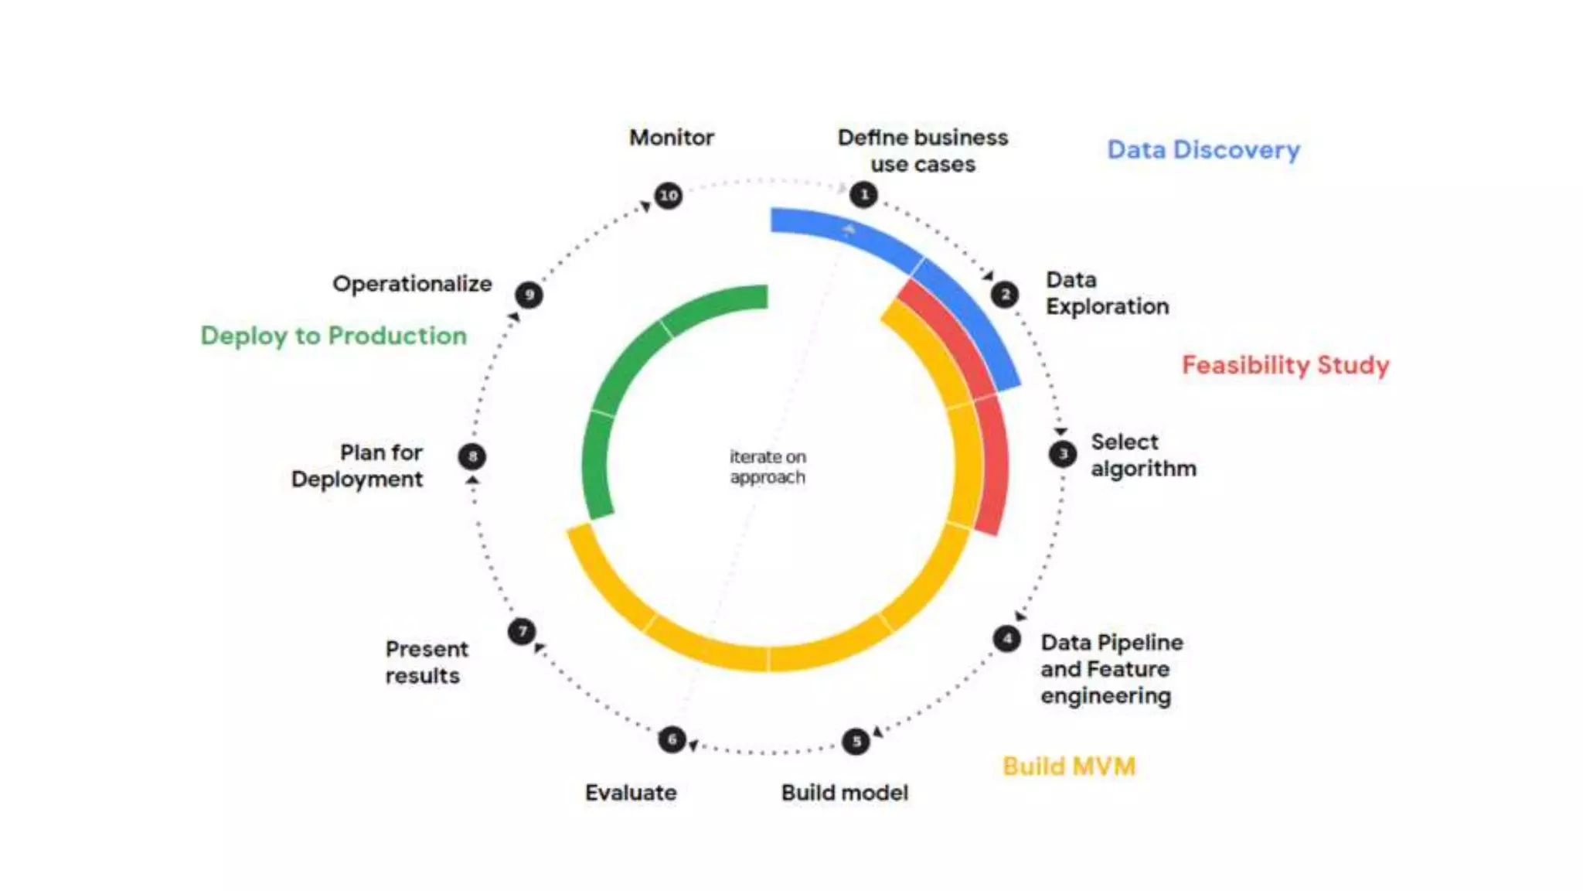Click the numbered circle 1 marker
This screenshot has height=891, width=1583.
click(x=863, y=194)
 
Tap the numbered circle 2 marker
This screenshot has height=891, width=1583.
click(x=1005, y=294)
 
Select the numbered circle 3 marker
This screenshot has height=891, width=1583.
click(x=1063, y=454)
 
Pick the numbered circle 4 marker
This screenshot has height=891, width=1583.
click(x=1006, y=639)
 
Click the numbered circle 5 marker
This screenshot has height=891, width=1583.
click(x=856, y=742)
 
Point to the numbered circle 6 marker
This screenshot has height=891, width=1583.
click(x=672, y=739)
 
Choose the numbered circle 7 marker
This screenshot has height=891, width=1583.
click(x=522, y=631)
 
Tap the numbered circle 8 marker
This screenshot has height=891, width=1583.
click(x=472, y=456)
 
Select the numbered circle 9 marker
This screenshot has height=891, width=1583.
click(x=529, y=295)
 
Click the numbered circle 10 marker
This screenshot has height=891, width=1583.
click(x=669, y=195)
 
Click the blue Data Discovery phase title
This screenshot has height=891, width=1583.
click(x=1203, y=150)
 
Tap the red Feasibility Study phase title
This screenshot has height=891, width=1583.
click(x=1285, y=365)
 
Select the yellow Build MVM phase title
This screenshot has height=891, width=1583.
click(x=1068, y=766)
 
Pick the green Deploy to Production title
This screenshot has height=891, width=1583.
click(x=334, y=336)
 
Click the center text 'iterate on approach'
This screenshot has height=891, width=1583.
click(x=768, y=467)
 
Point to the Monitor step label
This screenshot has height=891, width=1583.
click(x=671, y=138)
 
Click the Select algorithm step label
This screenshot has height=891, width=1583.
click(x=1143, y=455)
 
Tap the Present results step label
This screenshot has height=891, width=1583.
click(x=427, y=662)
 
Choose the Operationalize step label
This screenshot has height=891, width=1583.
click(x=412, y=284)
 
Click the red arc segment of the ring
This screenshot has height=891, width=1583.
click(x=992, y=464)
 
